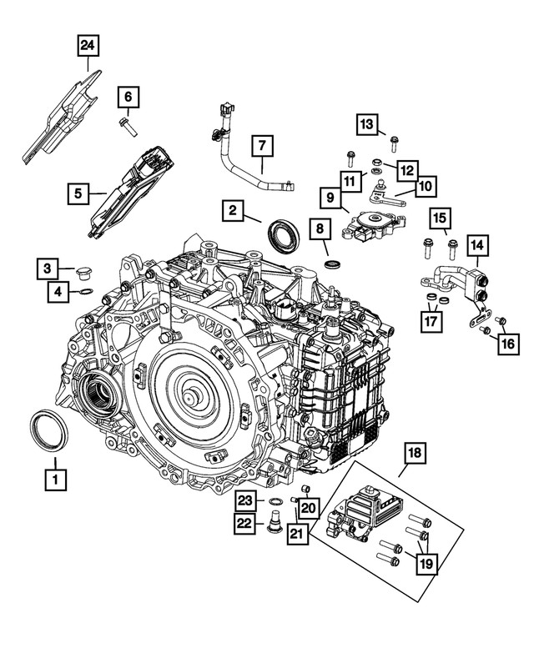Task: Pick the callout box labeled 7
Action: pos(261,145)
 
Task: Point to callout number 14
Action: pos(478,246)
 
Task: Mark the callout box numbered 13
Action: pos(368,124)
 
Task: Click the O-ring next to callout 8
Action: pos(332,265)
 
